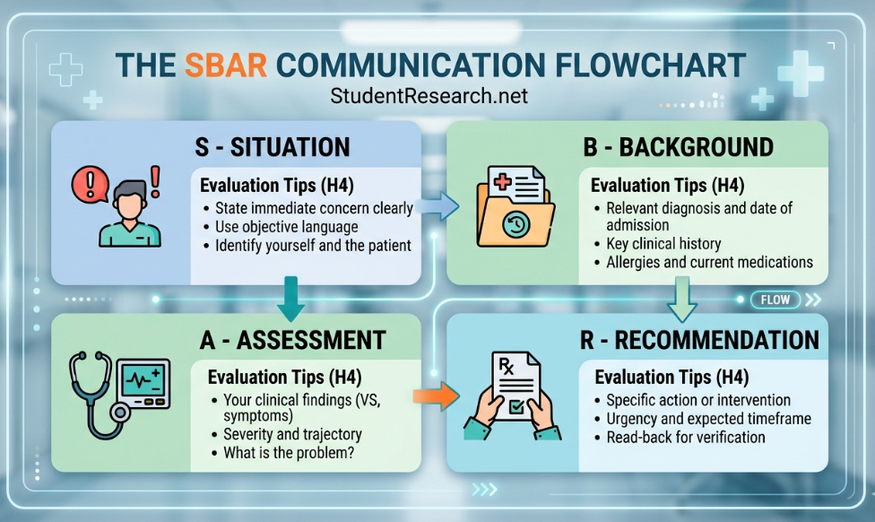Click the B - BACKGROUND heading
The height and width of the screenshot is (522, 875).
point(678,146)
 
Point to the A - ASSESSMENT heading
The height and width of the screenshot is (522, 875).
point(292,340)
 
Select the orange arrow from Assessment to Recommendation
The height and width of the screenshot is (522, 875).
point(435,396)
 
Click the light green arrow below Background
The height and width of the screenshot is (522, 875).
point(680,300)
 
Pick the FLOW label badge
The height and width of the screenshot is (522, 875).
point(775,300)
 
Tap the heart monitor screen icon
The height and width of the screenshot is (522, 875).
point(143,382)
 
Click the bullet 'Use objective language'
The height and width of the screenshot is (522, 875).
point(286,227)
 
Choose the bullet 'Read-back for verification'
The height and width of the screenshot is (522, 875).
point(686,438)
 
